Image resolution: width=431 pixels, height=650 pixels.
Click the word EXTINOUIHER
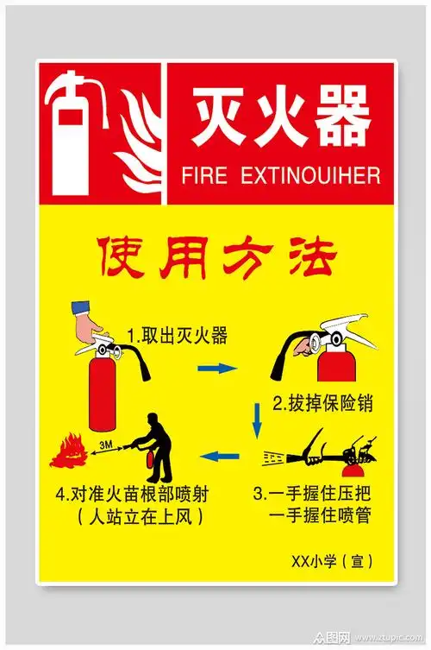coord(310,175)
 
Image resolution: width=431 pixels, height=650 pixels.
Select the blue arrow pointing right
coord(216,369)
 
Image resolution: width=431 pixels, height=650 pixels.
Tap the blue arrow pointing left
coord(222,454)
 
